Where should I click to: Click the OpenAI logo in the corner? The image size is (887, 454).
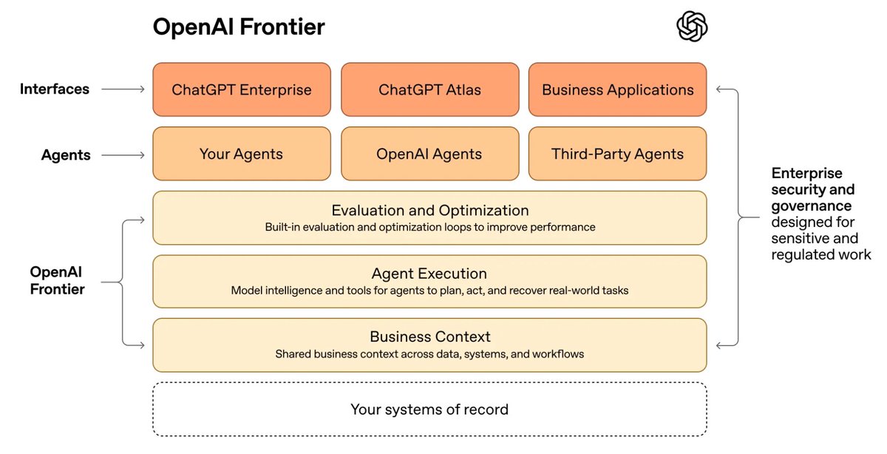692,27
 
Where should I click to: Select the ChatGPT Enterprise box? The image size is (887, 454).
242,89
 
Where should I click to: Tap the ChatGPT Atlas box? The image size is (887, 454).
429,89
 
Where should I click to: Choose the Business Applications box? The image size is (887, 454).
618,89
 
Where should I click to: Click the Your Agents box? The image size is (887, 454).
242,154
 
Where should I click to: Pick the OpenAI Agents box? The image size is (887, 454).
429,154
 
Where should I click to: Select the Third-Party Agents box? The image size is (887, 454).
618,154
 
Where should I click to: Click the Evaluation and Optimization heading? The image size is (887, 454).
429,210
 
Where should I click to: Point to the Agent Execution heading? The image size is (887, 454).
429,274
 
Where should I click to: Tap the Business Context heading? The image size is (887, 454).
429,337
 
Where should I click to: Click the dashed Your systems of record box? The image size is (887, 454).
429,409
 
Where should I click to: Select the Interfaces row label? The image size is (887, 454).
55,89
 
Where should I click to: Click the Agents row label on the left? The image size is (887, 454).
66,155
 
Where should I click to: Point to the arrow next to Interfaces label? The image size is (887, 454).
123,89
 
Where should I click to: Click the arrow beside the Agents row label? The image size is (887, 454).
123,155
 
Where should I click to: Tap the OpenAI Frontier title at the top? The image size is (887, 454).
239,27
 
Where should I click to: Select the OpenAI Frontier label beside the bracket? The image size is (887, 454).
58,280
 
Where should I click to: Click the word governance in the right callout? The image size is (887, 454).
812,206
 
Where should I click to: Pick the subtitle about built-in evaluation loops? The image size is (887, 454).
429,227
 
